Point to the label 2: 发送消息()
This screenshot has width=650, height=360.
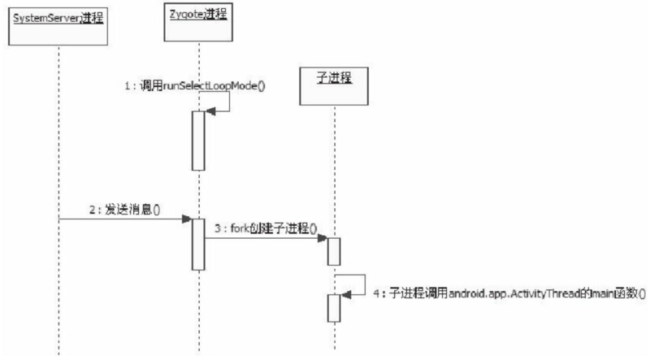click(x=124, y=209)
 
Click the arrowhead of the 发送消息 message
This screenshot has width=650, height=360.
click(x=186, y=219)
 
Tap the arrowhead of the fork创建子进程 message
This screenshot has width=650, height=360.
click(x=323, y=238)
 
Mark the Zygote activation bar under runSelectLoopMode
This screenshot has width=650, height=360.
click(x=197, y=140)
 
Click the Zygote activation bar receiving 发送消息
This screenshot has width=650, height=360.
click(x=197, y=243)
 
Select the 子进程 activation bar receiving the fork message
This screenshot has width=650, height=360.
click(x=334, y=250)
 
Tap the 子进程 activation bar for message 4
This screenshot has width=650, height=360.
click(x=334, y=307)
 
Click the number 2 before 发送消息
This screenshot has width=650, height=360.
click(x=92, y=209)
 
